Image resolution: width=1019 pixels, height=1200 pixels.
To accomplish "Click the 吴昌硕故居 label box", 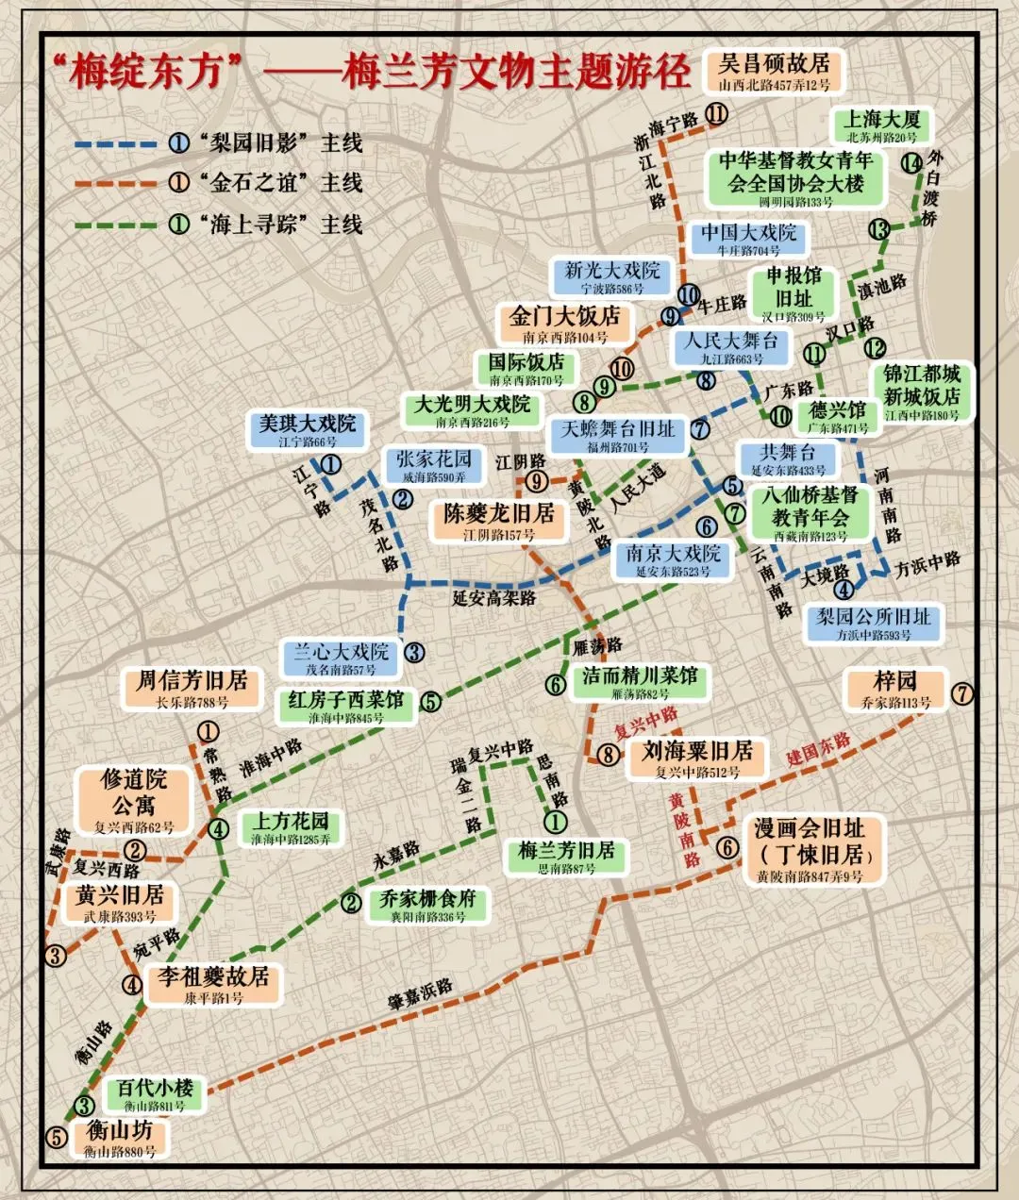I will [x=773, y=72].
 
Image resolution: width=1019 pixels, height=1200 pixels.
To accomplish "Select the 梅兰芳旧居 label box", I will [x=566, y=857].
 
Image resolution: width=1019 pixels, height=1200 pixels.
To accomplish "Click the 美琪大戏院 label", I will [x=308, y=430].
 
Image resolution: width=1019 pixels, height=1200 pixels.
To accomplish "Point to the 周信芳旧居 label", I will [x=192, y=688].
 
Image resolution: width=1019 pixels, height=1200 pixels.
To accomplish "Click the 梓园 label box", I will [x=894, y=689].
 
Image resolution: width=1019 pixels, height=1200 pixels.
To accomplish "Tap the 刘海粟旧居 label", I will [x=697, y=758].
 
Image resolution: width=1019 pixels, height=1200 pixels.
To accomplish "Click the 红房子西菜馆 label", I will [x=345, y=707].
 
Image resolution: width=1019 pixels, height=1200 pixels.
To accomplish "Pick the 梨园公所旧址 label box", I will [x=873, y=624].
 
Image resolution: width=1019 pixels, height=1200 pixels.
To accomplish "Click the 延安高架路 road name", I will [x=493, y=598].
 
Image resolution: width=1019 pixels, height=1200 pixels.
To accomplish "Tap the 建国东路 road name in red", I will [x=818, y=749].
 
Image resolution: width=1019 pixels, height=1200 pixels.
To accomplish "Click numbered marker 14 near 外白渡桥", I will [x=910, y=162].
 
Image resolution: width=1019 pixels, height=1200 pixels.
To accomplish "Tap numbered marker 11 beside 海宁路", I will [x=716, y=114].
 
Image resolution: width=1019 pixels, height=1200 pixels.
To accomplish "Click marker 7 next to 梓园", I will [x=961, y=693].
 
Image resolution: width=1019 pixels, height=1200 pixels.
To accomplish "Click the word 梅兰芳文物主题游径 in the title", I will [x=516, y=73].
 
